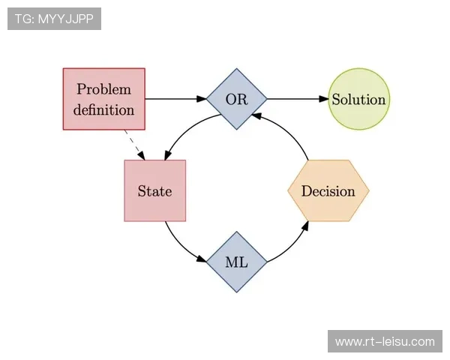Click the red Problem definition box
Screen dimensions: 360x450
coord(103,99)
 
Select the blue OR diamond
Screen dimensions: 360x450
coord(236,99)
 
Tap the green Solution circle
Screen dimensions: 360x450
coord(358,99)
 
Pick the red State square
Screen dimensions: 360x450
coord(154,190)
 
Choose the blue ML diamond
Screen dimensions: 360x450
coord(236,262)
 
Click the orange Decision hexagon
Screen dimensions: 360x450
coord(328,190)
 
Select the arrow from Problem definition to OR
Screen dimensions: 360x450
coord(174,99)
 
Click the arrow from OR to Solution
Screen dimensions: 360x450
coord(297,99)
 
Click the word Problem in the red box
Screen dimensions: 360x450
coord(103,89)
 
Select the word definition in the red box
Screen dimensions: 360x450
coord(103,109)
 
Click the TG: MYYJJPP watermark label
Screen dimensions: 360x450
coord(54,18)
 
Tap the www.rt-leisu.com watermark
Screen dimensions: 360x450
coord(384,342)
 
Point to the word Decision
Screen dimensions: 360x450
coord(328,191)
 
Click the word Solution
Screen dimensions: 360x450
coord(358,100)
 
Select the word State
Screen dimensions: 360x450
coord(154,191)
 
